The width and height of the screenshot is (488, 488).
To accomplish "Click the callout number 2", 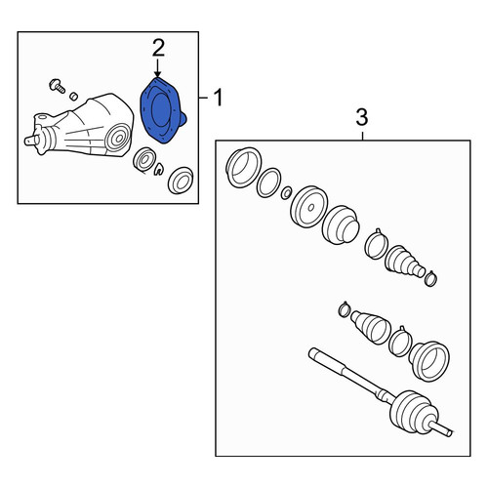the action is point(158,48).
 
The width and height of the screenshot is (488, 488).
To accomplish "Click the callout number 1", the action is point(218,97).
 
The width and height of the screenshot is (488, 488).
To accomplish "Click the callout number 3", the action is point(362,117).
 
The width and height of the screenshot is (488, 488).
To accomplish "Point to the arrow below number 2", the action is point(158,68).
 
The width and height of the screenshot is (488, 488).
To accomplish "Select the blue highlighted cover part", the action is point(162,110).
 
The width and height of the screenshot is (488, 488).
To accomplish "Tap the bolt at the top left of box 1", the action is point(58,86).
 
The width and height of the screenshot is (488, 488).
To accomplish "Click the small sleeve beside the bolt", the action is point(74,96).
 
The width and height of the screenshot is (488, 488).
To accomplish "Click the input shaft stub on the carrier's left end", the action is point(31,141).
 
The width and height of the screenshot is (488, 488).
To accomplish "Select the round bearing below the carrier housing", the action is point(143,160).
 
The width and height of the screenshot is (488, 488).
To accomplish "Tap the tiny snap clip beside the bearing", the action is point(159,170).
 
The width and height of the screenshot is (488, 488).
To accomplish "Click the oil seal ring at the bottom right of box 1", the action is point(181,180).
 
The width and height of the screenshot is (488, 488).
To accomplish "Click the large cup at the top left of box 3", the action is point(243,168).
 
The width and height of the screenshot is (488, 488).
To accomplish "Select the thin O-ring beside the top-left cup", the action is point(268,183).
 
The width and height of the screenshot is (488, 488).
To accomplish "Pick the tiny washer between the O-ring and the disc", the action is point(286,192).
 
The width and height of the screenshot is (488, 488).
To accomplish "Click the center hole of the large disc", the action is point(310,207).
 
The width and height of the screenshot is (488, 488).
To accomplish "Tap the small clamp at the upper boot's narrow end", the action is point(430,279).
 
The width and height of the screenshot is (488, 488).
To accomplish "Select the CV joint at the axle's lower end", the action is point(414,413).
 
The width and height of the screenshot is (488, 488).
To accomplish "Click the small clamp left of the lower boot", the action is point(345,309).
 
